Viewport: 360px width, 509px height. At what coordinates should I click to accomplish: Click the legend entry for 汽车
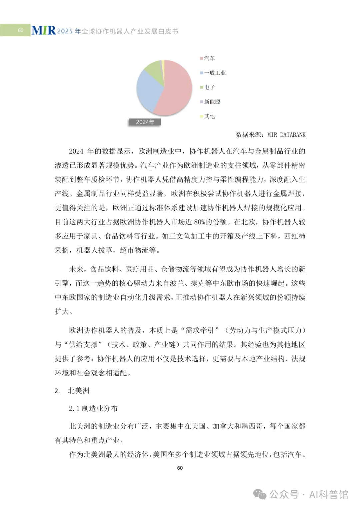[209, 58]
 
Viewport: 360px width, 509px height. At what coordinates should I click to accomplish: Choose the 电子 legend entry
[209, 87]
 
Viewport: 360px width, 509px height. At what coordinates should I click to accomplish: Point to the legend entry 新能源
[212, 102]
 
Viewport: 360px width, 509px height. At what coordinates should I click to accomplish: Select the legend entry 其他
[209, 116]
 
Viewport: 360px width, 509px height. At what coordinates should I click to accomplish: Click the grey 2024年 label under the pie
[145, 122]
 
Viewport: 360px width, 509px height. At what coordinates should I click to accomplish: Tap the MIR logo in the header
[43, 31]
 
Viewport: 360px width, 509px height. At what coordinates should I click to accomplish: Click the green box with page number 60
[15, 30]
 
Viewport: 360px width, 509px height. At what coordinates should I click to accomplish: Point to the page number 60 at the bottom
[180, 468]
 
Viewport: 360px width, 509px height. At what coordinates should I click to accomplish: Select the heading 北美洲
[79, 391]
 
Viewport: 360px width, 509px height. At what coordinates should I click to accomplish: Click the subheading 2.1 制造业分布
[93, 408]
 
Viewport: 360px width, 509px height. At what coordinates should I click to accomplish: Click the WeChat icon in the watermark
[260, 494]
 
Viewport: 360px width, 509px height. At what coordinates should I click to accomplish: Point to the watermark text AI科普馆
[329, 494]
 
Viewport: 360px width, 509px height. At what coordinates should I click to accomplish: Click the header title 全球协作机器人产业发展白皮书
[130, 31]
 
